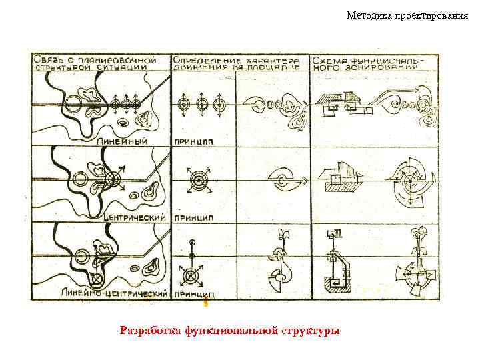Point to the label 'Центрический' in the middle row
(136, 217)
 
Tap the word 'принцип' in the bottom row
(193, 293)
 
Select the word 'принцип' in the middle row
(193, 217)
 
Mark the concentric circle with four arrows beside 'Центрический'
(113, 179)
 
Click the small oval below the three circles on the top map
(124, 122)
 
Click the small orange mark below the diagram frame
(206, 303)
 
